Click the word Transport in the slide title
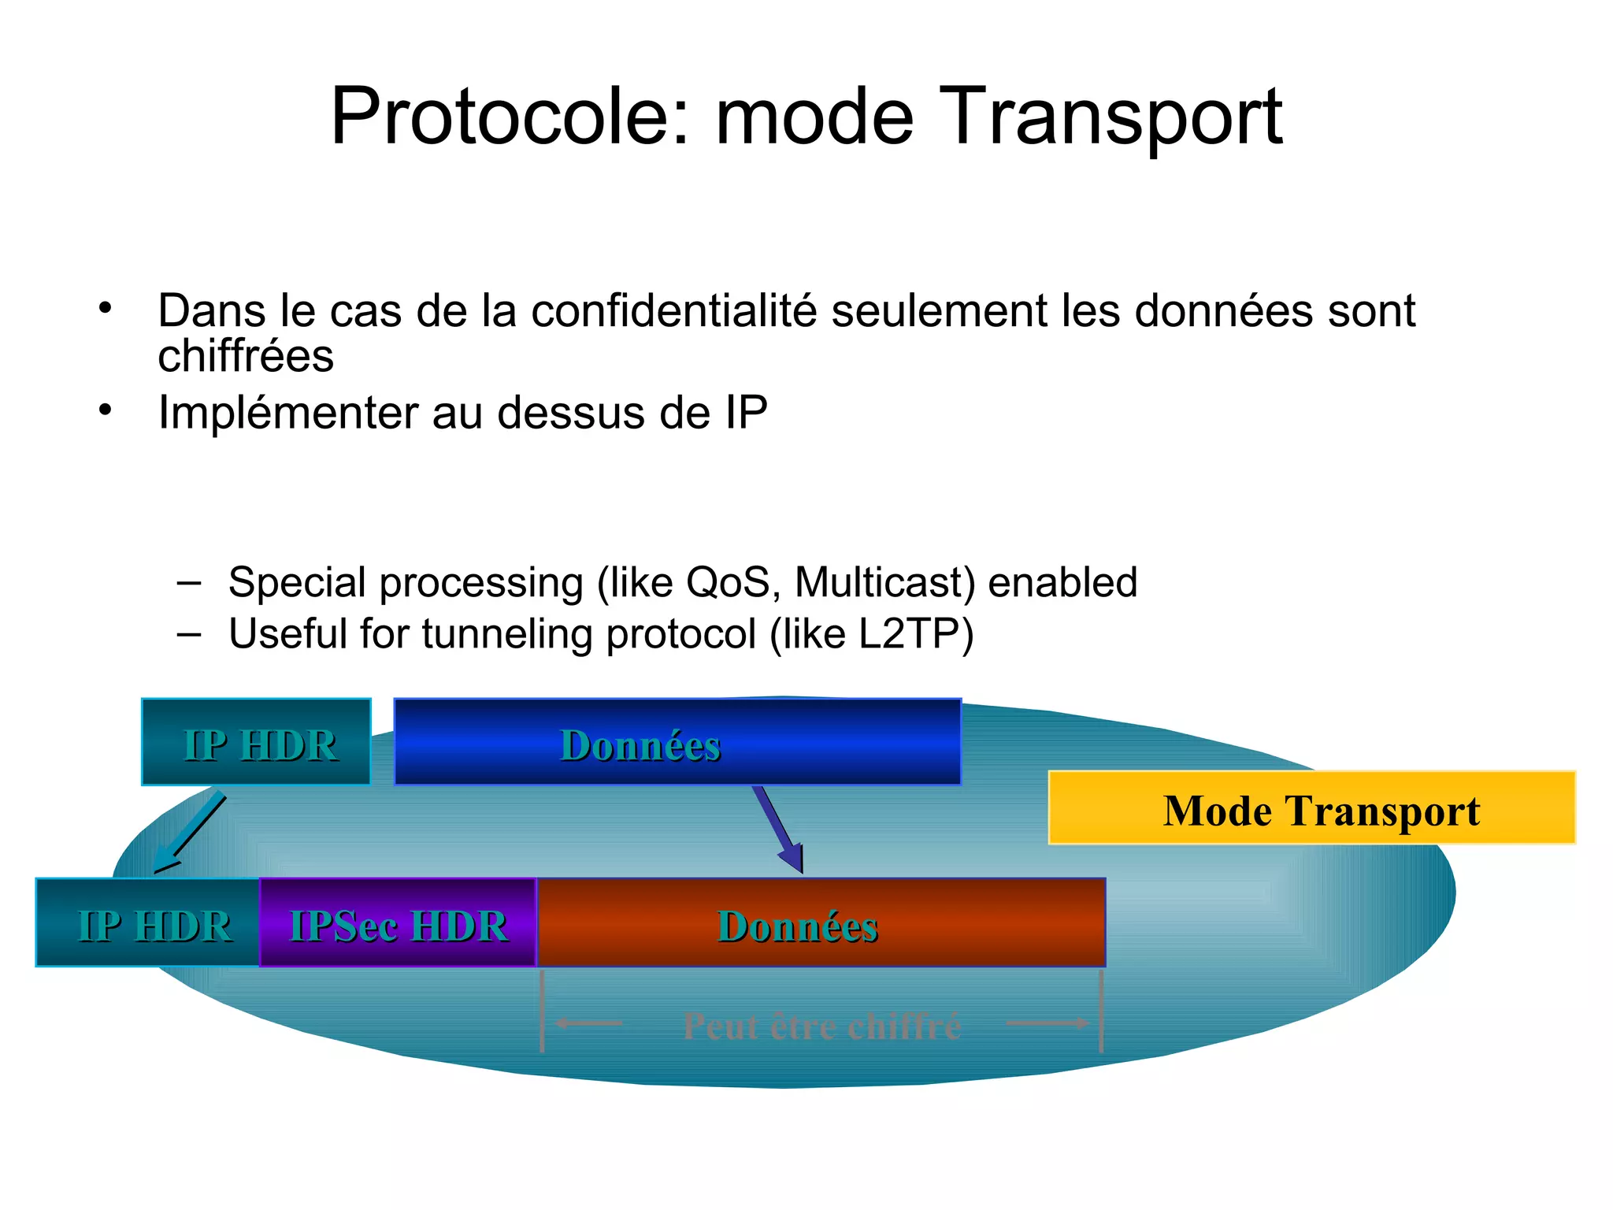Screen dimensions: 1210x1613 click(x=1111, y=118)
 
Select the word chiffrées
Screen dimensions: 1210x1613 click(x=246, y=356)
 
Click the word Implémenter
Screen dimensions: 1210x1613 click(x=288, y=413)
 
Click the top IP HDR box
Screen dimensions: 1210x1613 click(x=257, y=743)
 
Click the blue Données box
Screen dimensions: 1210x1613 click(x=677, y=743)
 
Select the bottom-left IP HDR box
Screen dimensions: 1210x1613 click(x=148, y=923)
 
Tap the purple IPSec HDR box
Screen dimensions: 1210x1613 click(x=398, y=923)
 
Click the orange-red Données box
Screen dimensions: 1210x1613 click(x=821, y=923)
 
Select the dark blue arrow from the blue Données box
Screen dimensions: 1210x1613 click(x=778, y=829)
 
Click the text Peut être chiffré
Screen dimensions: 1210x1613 click(x=821, y=1026)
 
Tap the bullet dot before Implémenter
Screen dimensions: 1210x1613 click(x=106, y=410)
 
